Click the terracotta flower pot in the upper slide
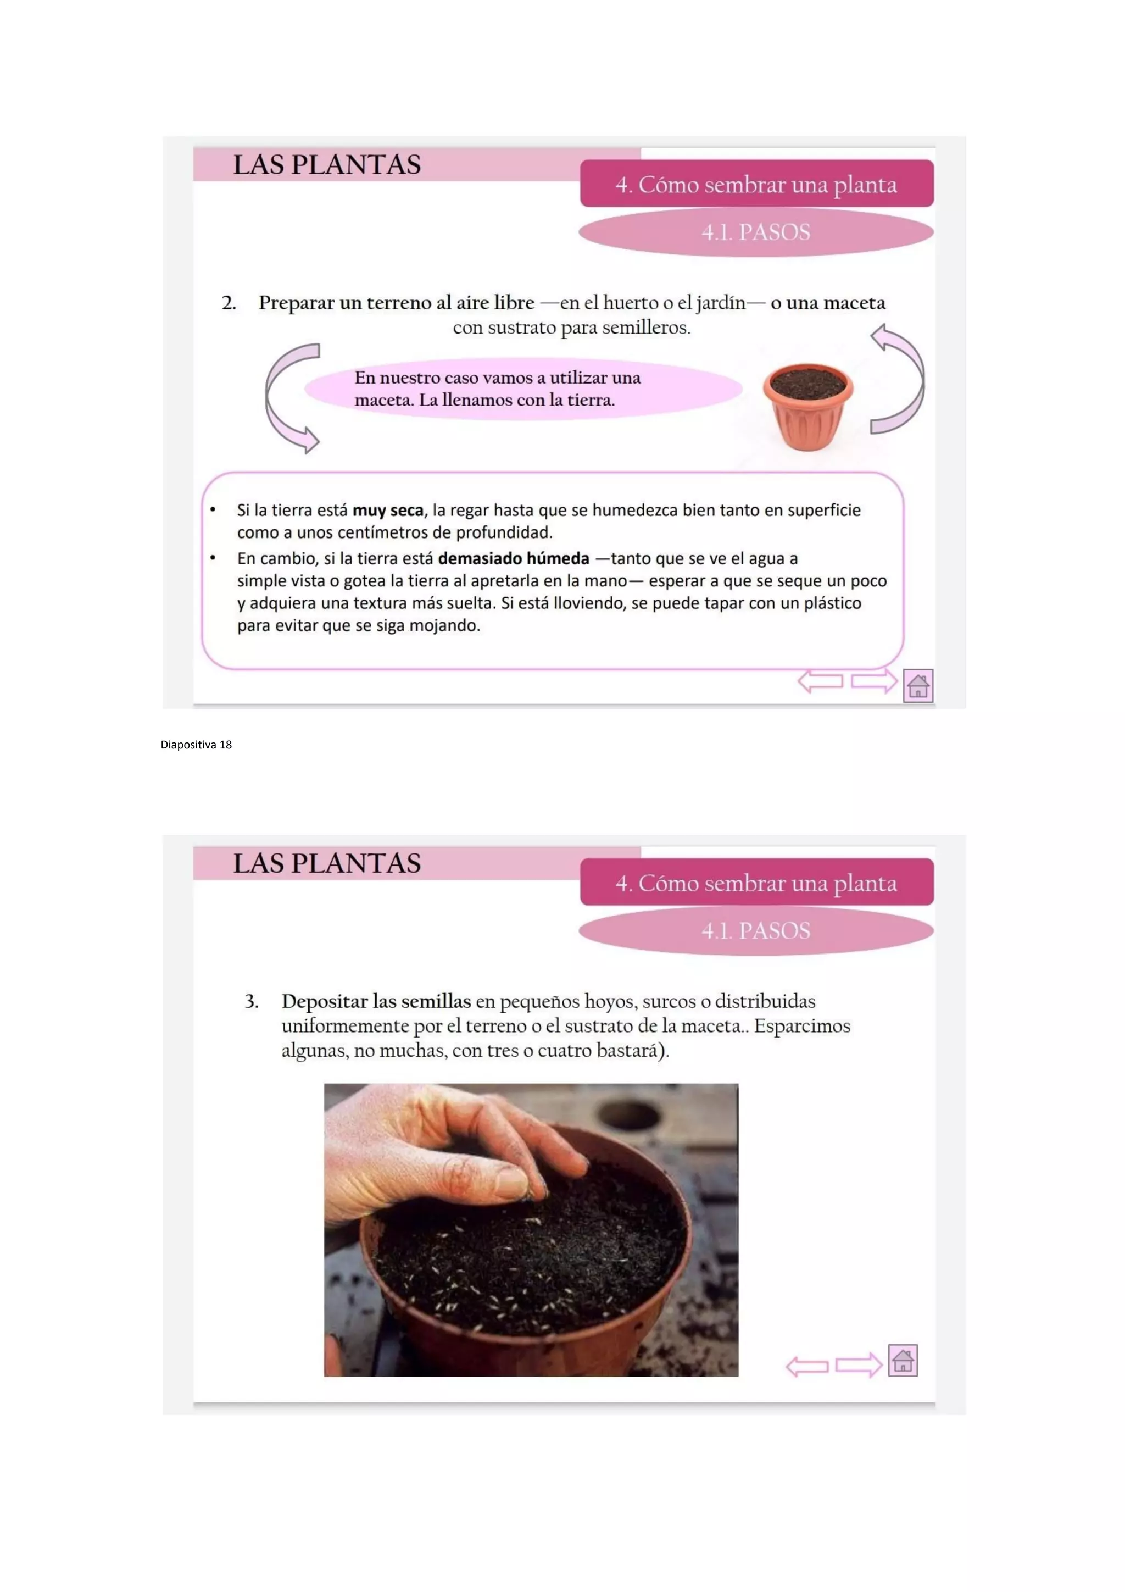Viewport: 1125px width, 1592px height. coord(807,407)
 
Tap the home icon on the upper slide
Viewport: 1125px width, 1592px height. coord(918,685)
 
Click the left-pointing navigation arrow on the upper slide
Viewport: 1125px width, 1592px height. coord(820,681)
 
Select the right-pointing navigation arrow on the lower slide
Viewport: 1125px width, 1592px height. coord(859,1365)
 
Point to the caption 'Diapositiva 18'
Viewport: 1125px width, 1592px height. coord(196,745)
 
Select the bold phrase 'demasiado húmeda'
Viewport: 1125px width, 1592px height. coord(514,558)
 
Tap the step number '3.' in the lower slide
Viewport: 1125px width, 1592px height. coord(252,1001)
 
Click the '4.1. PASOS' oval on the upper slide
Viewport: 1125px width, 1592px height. coord(756,232)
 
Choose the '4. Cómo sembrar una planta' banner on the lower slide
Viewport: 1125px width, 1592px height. coord(757,882)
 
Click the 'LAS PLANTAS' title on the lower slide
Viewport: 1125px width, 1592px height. coord(326,863)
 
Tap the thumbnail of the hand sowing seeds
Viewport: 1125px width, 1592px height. coord(531,1230)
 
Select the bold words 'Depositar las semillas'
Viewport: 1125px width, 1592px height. coord(376,1002)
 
